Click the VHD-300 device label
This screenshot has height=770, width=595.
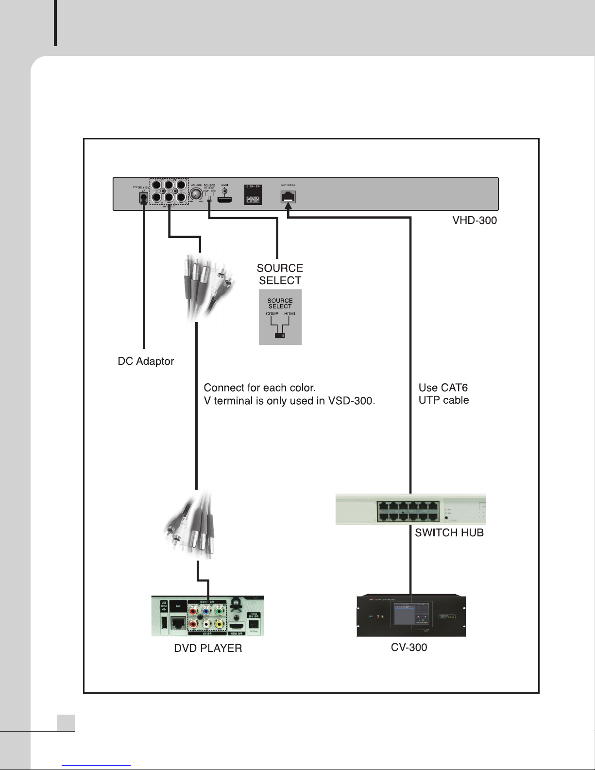point(474,221)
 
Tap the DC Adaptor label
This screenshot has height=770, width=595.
point(146,361)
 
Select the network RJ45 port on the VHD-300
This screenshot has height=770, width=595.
point(288,197)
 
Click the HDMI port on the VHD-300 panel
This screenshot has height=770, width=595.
point(224,199)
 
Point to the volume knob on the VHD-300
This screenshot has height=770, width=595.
point(196,195)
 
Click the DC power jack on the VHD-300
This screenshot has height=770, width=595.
point(143,198)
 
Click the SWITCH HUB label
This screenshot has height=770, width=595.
point(449,533)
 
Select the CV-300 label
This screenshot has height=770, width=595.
point(409,648)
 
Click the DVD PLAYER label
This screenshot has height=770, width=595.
point(208,649)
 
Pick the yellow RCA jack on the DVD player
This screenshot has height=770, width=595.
point(220,623)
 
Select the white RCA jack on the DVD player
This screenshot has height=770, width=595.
point(207,623)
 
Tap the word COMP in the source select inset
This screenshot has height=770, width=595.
point(272,314)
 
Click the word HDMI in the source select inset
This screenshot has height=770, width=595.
point(289,314)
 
